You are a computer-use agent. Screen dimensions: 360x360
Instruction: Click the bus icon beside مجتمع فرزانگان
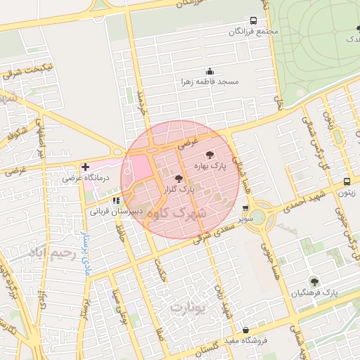coord(253,21)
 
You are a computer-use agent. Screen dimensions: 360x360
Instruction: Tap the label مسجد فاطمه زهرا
coord(209,82)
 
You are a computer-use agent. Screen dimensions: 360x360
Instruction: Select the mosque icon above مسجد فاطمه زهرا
coord(209,71)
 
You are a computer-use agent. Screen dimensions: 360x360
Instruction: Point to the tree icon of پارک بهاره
coord(209,155)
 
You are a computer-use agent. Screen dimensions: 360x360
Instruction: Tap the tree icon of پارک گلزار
coord(179,179)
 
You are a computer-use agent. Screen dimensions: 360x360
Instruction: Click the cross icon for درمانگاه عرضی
coord(85,167)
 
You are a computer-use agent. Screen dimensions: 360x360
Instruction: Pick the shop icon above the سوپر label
coord(245,208)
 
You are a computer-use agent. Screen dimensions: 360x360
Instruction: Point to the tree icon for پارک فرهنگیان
coord(314,281)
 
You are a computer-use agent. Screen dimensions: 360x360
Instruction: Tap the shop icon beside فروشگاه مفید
coord(245,330)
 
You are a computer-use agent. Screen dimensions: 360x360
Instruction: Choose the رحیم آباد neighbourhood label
coord(48,252)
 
